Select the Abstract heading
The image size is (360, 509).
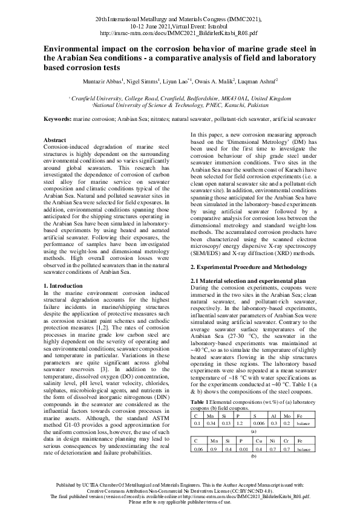[x=56, y=140]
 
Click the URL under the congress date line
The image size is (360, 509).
[x=180, y=34]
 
